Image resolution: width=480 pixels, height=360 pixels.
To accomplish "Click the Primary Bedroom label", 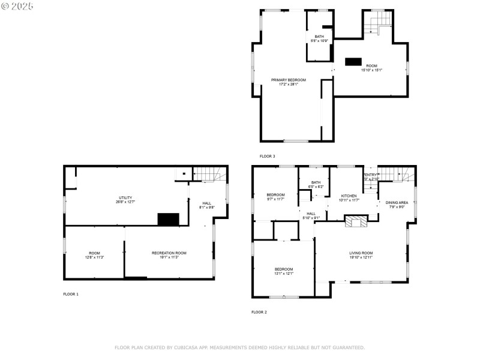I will click(x=288, y=82).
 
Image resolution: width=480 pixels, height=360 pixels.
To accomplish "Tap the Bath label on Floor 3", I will click(x=319, y=38).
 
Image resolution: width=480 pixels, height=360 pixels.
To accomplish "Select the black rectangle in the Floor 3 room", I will click(x=353, y=61).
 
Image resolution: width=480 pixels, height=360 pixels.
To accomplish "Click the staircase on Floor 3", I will click(x=377, y=26).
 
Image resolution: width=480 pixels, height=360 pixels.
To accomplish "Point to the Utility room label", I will click(x=125, y=199).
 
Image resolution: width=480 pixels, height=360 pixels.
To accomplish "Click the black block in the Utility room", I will click(x=169, y=219).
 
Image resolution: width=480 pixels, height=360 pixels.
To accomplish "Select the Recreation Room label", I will click(x=169, y=255).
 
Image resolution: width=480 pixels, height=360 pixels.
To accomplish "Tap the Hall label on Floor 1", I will click(x=206, y=205).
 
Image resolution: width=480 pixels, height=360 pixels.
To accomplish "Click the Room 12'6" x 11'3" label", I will click(x=95, y=255).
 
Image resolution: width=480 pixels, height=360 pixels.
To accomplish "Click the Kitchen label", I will click(x=349, y=197).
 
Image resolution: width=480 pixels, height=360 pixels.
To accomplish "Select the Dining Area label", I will click(x=397, y=205).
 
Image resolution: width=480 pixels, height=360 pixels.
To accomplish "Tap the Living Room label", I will click(x=361, y=255).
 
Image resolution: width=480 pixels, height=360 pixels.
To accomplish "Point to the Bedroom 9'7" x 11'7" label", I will click(x=275, y=197).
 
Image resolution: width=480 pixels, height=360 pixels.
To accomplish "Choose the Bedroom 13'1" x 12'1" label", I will click(x=284, y=271).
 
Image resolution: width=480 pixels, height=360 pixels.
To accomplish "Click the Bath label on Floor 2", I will click(x=316, y=184).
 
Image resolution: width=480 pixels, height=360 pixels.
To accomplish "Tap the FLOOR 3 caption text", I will click(x=267, y=156).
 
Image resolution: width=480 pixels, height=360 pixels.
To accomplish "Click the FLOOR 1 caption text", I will click(x=71, y=294).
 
